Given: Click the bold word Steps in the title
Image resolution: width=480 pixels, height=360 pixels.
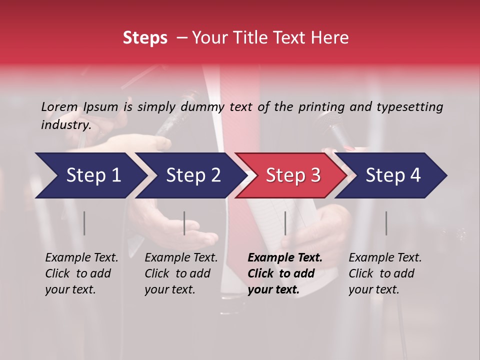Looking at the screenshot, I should tap(145, 38).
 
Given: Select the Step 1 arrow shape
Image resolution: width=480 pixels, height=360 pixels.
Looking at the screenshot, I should tap(90, 175).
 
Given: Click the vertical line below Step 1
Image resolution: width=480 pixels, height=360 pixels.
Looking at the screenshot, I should tap(84, 223).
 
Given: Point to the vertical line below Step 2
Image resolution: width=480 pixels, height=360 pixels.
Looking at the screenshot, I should tap(184, 223).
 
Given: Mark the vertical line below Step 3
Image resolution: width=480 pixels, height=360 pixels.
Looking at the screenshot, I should tap(285, 223).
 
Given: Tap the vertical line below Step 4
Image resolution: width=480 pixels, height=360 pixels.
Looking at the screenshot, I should tap(386, 223).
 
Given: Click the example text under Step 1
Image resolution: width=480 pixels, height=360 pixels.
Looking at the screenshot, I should tap(81, 273).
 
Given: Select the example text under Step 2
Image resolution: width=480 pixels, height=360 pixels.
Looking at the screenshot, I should tap(181, 273).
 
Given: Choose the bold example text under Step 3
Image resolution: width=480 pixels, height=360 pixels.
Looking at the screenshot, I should tap(285, 273).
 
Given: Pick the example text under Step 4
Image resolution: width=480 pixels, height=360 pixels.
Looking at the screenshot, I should tap(385, 273).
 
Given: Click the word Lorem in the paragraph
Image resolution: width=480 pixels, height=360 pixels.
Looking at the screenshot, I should tap(59, 106).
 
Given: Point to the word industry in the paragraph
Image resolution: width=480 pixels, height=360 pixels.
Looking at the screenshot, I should tap(65, 124).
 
